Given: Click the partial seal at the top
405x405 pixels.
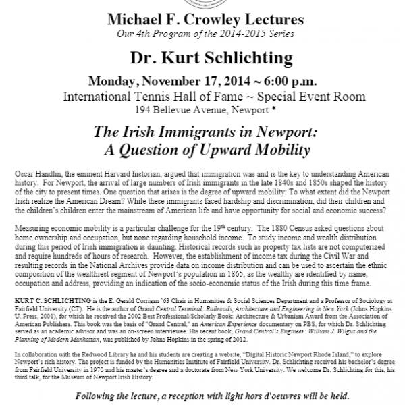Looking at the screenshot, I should (x=202, y=4).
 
